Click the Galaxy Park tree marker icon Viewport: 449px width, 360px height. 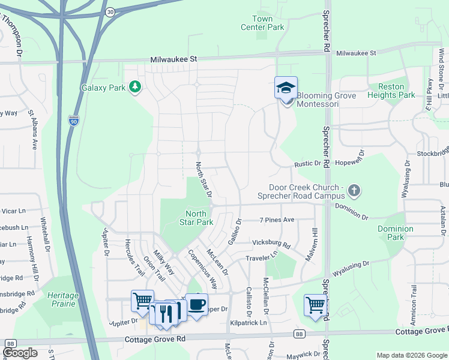(x=136, y=88)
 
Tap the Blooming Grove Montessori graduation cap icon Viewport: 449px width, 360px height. (x=286, y=88)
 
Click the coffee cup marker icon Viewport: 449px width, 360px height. (x=196, y=305)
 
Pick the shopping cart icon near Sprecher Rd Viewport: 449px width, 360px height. (x=315, y=305)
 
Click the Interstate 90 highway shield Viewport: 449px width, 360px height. (x=73, y=120)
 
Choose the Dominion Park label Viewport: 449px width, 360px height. (x=395, y=233)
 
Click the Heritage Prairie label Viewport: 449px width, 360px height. (x=63, y=299)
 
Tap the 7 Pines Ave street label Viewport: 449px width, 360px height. (x=277, y=220)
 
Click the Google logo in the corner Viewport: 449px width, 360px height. (x=21, y=352)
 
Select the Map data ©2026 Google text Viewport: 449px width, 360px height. (x=412, y=355)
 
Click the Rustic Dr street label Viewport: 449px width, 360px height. (x=308, y=164)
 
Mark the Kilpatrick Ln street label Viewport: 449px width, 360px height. (x=249, y=323)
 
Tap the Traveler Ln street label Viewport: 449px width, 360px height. (x=262, y=257)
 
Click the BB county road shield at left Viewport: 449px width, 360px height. (x=10, y=343)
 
